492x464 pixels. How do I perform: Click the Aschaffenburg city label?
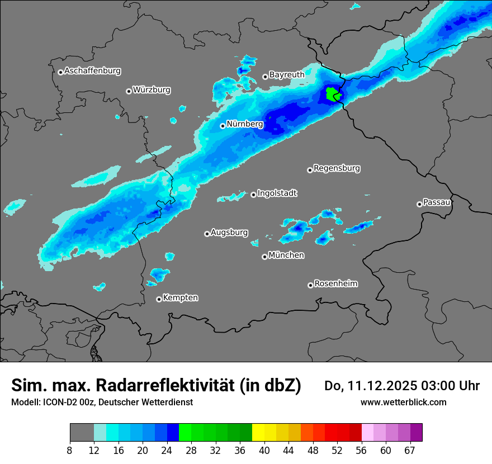(92, 71)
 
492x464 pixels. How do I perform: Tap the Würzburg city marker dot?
(129, 91)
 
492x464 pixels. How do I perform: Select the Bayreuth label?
(287, 74)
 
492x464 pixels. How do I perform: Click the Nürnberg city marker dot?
(223, 126)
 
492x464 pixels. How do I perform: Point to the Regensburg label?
(337, 168)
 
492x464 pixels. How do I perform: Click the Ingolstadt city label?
(277, 193)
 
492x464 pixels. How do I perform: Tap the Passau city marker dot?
(419, 204)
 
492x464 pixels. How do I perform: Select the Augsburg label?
(229, 233)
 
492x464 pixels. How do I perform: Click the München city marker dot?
(264, 257)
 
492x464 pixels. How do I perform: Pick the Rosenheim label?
(335, 283)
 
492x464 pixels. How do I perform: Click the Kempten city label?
(180, 297)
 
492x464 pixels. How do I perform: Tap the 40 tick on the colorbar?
(264, 450)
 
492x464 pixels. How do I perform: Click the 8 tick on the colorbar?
(70, 450)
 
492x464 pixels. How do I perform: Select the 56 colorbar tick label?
(362, 450)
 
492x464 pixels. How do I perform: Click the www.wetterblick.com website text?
(403, 402)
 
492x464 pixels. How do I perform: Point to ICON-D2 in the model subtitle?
(60, 402)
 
